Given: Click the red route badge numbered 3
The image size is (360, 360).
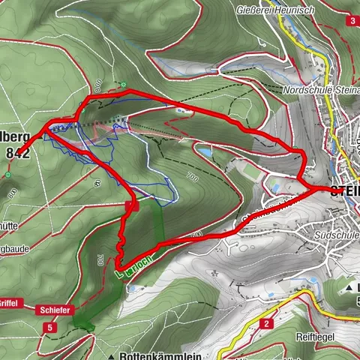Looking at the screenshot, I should point(352,21).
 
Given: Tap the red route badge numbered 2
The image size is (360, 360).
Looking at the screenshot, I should point(266,323).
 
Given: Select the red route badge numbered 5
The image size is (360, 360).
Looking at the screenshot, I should point(49,328).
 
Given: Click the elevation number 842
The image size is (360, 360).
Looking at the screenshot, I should point(17,151).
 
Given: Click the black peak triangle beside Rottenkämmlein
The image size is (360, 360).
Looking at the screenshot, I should point(110,355).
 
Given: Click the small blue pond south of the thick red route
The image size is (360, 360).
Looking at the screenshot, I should point(203,152).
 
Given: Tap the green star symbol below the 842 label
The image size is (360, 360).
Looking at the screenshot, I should point(10,174).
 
